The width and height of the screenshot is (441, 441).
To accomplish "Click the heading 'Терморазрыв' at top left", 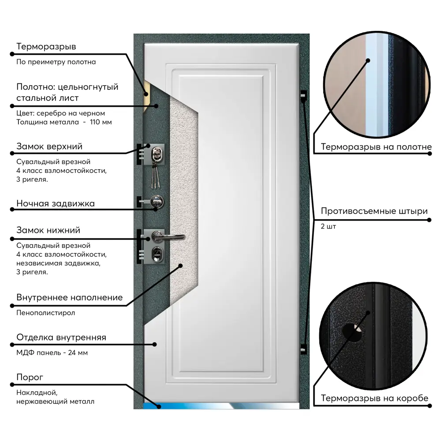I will tap(46, 46).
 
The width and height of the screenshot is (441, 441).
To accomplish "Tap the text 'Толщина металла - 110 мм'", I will tap(64, 122).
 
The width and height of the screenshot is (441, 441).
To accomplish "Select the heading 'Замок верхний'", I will tap(49, 146).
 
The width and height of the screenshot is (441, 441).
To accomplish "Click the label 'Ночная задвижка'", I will tap(56, 203).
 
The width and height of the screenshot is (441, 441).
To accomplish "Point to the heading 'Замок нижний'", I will tap(48, 230).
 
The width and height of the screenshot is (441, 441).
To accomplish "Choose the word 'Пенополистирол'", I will tap(46, 313).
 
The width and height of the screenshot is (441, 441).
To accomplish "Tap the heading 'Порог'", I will tap(30, 377).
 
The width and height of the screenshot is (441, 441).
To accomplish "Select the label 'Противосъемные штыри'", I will tap(374, 211).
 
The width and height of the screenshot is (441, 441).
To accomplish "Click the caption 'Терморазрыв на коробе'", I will tap(374, 398).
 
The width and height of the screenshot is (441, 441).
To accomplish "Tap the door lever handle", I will tap(170, 237).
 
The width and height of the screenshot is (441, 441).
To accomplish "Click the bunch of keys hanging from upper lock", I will tap(156, 174).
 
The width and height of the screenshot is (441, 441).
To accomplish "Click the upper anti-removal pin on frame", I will tap(303, 95).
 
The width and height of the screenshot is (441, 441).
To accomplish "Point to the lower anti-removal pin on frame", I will tap(303, 347).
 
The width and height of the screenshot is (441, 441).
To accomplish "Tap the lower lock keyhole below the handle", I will tap(156, 253).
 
